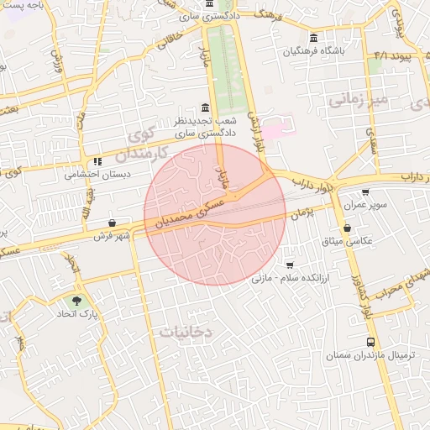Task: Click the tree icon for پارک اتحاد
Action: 77,299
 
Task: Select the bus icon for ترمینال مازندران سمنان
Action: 370,343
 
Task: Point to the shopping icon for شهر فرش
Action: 112,223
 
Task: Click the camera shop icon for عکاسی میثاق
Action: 347,228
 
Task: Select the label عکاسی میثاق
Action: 347,241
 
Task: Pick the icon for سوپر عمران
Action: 365,192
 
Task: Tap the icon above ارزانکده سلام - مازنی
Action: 290,265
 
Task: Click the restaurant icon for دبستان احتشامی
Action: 98,161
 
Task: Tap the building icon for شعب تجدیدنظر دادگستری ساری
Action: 206,107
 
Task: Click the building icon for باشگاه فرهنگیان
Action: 313,38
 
